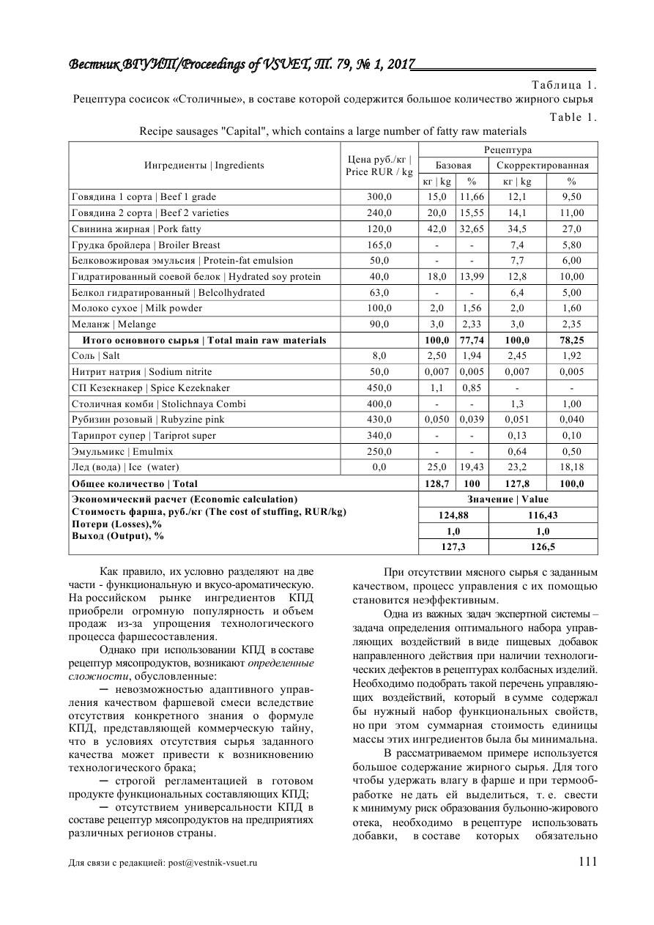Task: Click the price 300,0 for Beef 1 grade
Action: pos(379,197)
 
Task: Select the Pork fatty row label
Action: pos(135,229)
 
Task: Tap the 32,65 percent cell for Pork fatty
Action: pos(472,229)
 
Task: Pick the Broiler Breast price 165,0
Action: pos(379,245)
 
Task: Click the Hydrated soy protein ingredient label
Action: pos(196,277)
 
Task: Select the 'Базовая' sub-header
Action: pos(453,166)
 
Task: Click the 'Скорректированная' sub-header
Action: pos(542,166)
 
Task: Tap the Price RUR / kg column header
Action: pos(379,166)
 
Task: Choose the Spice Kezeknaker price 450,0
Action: pos(379,387)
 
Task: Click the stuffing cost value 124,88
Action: pos(453,516)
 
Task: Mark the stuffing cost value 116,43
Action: pos(543,516)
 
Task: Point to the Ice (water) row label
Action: pos(125,467)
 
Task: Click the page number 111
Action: pos(588,862)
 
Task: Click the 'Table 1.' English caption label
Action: pos(573,117)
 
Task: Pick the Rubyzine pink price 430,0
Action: pos(379,420)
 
